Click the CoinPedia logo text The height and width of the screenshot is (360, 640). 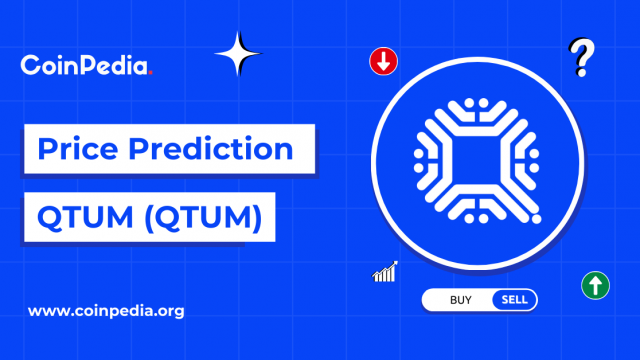(85, 67)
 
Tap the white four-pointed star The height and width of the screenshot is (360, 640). (237, 54)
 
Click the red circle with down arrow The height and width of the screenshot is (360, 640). (384, 62)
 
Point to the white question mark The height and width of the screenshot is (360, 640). (578, 58)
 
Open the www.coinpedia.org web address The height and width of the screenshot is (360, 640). (106, 311)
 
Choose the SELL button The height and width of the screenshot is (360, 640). (514, 299)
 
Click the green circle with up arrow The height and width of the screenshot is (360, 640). (595, 285)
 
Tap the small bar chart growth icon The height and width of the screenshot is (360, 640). (385, 271)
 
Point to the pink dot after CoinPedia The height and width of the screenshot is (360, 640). (151, 73)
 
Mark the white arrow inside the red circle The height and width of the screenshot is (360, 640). (384, 62)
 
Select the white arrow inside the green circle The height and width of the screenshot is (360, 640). (595, 285)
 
